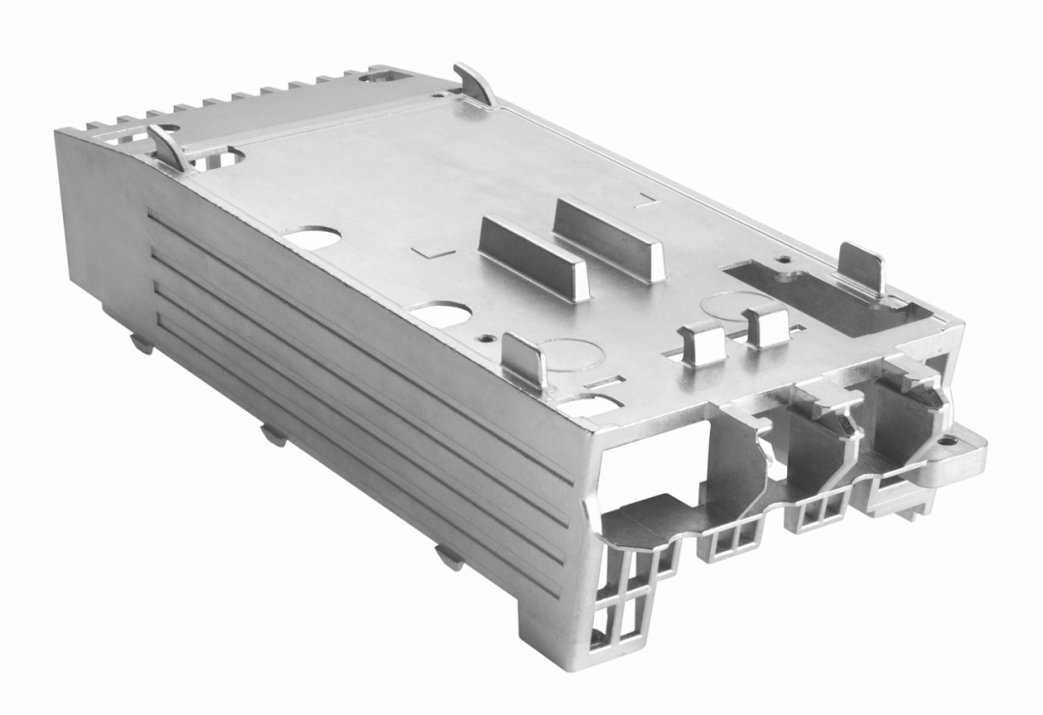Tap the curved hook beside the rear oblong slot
coord(473,85)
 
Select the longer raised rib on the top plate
coord(608,238)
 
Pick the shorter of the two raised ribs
coord(533,259)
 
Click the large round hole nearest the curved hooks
coord(314,236)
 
